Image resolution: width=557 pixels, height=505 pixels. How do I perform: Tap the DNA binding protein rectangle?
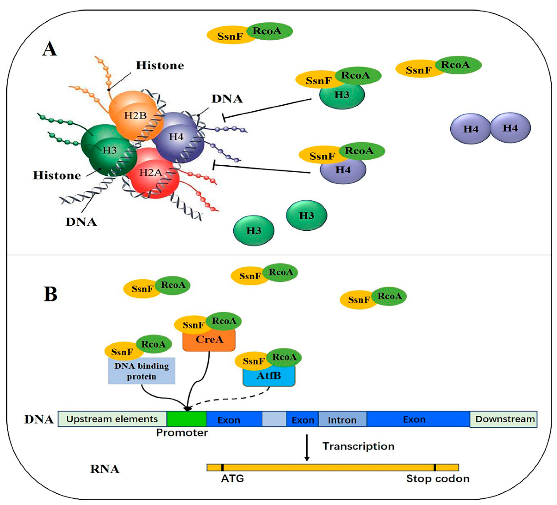coord(141,371)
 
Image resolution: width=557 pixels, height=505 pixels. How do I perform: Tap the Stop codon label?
coord(438,478)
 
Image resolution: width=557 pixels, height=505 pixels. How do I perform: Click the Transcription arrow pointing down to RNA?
coord(307,448)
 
